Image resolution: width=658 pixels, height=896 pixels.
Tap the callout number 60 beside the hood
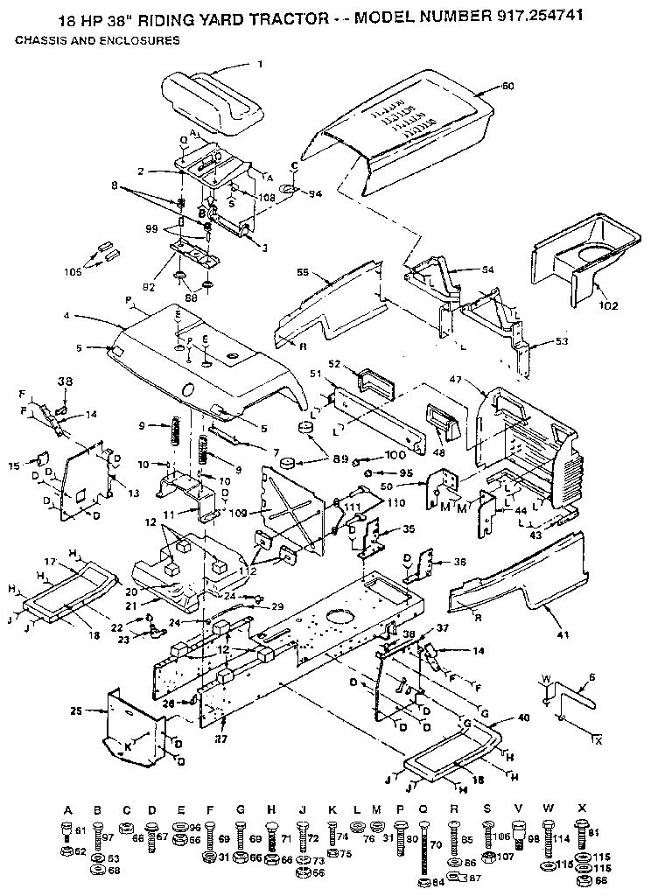tap(508, 86)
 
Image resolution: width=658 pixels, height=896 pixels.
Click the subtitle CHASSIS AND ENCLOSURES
tap(98, 40)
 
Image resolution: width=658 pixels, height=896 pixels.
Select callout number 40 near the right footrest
tap(523, 717)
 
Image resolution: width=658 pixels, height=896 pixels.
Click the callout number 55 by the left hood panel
tap(303, 274)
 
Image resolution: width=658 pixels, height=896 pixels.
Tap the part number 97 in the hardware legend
tap(108, 836)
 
